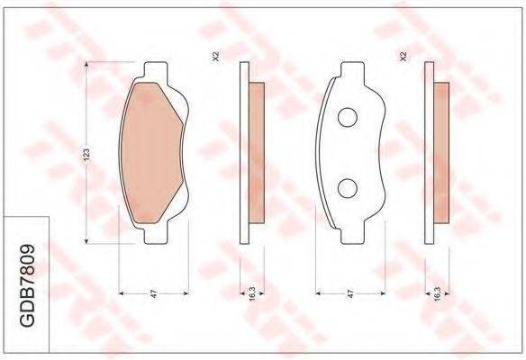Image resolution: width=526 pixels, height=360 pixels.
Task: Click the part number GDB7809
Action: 28,286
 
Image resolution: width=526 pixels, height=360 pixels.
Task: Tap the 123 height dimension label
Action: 86,154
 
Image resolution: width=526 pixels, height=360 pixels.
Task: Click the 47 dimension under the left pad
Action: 154,294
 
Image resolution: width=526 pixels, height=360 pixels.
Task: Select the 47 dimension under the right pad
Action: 350,294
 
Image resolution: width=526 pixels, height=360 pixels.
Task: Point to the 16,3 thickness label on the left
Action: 253,293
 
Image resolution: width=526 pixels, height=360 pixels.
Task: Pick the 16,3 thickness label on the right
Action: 437,293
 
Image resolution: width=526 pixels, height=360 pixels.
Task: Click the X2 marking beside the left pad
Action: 216,57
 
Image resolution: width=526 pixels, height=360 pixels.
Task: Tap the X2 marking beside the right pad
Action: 404,57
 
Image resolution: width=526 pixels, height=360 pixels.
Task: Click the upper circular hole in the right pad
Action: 347,117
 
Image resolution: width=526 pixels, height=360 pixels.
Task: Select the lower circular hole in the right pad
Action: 347,188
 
